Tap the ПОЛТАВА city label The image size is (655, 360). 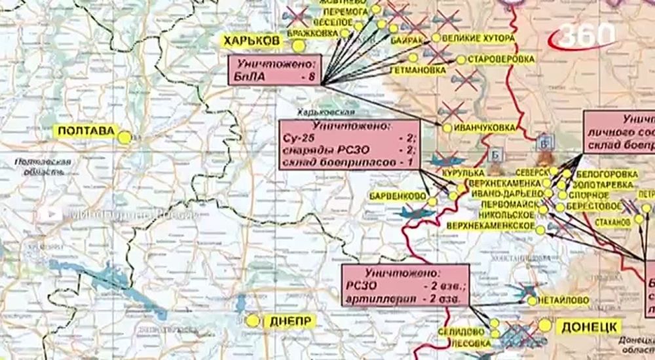[x=85, y=132]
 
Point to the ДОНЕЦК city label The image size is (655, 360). [x=588, y=327]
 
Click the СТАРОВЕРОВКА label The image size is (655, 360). [x=501, y=60]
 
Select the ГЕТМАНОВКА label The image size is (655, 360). [x=414, y=69]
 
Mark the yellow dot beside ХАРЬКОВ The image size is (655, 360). [x=299, y=46]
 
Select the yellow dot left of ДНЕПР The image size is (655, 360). [x=253, y=321]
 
